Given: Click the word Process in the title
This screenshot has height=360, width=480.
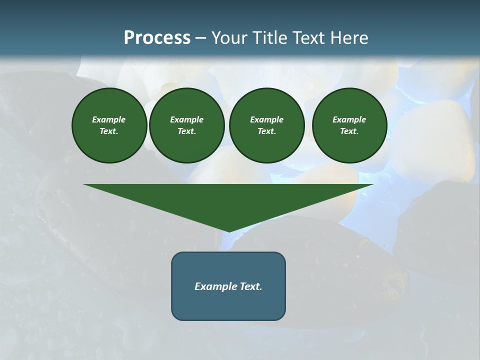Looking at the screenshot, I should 157,38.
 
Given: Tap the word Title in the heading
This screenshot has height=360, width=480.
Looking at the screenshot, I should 270,38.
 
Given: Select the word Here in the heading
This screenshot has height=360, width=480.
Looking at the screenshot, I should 349,38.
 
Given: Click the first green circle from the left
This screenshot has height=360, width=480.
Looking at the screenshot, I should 109,125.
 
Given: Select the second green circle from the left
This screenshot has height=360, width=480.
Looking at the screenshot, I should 186,125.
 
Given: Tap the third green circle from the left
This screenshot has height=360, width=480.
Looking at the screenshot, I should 266,125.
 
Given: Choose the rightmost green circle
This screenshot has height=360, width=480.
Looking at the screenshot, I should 349,125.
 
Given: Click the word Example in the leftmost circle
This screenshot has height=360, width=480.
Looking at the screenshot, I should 109,119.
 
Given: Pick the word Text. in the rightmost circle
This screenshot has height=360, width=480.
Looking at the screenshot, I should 349,131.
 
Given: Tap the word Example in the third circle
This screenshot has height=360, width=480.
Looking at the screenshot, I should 266,119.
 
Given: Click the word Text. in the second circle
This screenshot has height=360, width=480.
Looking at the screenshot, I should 186,131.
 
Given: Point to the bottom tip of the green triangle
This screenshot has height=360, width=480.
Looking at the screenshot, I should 229,230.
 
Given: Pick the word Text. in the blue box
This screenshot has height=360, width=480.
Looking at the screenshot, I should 251,286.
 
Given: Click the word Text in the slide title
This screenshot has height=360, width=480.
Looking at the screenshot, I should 307,38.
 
